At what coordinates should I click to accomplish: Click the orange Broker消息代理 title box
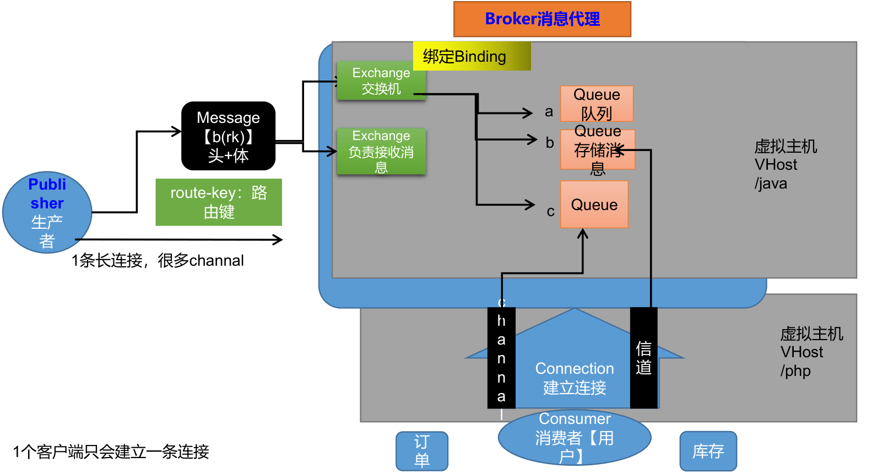coord(542,19)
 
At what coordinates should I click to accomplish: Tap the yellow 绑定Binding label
coord(472,56)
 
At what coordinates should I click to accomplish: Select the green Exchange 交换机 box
coord(381,80)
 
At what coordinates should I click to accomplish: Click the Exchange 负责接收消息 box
coord(381,151)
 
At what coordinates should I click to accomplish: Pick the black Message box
coord(228,136)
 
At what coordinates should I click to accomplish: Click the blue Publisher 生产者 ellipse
coord(47,212)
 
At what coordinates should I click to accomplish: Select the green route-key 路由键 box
coord(218,202)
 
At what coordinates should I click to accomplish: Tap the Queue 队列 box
coord(597,104)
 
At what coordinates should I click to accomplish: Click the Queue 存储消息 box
coord(598,149)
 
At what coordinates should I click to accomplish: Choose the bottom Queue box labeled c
coord(594,205)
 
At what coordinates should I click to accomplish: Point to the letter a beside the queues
coord(549,112)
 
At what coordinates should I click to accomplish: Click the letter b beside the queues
coord(549,143)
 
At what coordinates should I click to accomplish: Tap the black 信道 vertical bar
coord(643,358)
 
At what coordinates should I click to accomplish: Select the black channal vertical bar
coord(501,358)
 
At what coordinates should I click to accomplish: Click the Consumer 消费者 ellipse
coord(574,438)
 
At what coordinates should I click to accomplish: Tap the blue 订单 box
coord(421,451)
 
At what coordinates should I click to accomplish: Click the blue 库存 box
coord(708,451)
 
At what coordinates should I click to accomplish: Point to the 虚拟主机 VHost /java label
coord(785,164)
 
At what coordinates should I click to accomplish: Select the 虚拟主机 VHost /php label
coord(811,352)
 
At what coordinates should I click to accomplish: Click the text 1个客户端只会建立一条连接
coord(111,452)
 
